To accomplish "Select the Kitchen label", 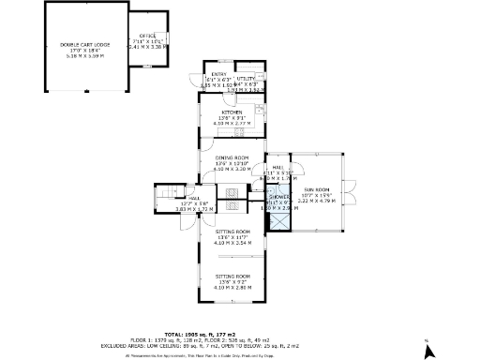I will pyautogui.click(x=232, y=110).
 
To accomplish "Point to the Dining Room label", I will pyautogui.click(x=232, y=157).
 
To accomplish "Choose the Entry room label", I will pyautogui.click(x=218, y=74).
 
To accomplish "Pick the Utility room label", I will pyautogui.click(x=246, y=79).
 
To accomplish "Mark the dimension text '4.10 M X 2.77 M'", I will pyautogui.click(x=232, y=123).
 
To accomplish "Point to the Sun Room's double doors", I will pyautogui.click(x=352, y=194).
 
